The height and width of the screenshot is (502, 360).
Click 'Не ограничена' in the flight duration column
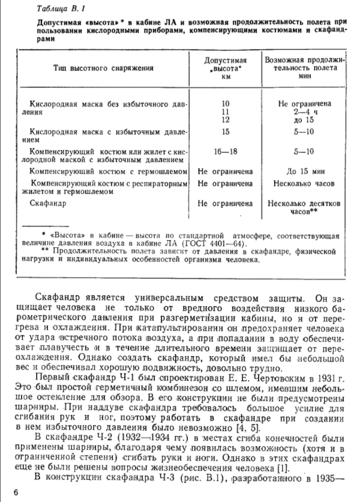[x=304, y=103]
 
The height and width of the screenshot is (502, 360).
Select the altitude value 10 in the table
[x=226, y=103]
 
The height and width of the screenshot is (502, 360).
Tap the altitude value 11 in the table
[x=226, y=112]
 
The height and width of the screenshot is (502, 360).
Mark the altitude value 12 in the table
[x=226, y=120]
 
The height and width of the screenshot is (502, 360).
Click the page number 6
[x=16, y=492]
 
